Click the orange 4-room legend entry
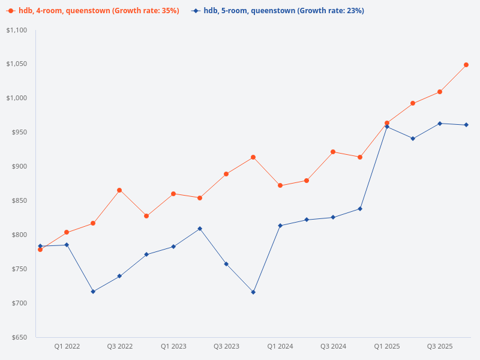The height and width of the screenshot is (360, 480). coord(93,11)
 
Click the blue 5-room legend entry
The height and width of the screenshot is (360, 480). coord(278,11)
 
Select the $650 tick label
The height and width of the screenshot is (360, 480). coord(20,337)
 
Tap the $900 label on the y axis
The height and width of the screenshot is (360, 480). coord(20,166)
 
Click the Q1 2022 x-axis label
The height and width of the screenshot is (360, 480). coord(67,346)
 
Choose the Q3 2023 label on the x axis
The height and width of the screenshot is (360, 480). coord(226,346)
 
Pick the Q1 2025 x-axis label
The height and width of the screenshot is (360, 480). coord(387,346)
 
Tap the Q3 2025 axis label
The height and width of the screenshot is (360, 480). coord(440,346)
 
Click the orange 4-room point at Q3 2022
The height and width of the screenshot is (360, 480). coord(119,190)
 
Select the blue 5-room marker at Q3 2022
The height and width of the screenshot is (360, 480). coord(119,276)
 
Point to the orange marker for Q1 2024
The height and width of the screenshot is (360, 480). coord(280,185)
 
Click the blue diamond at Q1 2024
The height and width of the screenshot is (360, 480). coord(280,226)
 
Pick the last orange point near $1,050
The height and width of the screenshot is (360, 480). coord(466,65)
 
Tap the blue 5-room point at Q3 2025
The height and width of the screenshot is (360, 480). coord(440,124)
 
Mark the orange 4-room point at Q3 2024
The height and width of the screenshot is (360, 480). coord(333,152)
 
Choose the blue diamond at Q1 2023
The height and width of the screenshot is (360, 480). coord(173,247)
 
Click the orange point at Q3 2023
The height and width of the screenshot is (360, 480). coord(226,174)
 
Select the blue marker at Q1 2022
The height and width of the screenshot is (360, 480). coord(67,245)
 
